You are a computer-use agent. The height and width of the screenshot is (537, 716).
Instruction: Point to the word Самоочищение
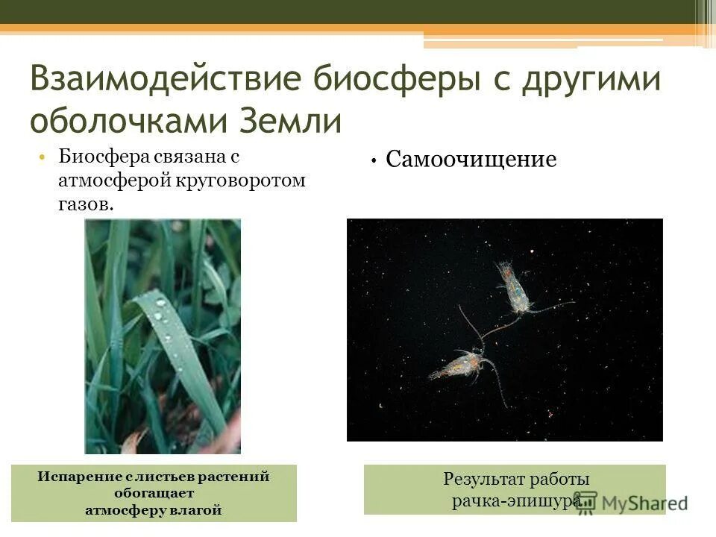pyautogui.click(x=471, y=160)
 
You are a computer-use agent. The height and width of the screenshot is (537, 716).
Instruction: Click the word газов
pyautogui.click(x=87, y=204)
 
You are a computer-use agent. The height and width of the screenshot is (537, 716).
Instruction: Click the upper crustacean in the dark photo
pyautogui.click(x=515, y=290)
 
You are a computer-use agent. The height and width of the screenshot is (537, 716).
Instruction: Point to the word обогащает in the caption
pyautogui.click(x=154, y=494)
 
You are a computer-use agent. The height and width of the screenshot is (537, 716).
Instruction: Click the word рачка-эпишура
pyautogui.click(x=515, y=501)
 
